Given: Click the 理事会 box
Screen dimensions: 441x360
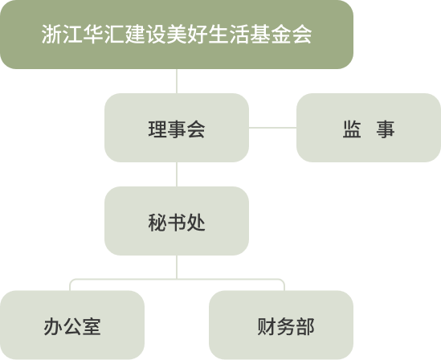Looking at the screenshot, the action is coord(177,128).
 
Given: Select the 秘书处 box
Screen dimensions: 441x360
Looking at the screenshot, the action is coord(177,221).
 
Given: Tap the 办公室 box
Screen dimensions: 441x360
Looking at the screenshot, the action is coord(72,325).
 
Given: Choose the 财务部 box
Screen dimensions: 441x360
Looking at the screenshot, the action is coord(281,325).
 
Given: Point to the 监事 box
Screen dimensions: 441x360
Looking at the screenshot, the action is coord(369,128).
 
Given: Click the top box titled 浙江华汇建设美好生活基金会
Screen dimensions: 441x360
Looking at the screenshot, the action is coord(177,35).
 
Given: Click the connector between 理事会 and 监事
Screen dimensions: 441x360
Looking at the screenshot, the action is coord(272,128).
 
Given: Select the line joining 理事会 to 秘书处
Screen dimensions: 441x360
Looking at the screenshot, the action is coord(177,174).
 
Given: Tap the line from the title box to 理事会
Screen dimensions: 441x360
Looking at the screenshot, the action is coord(177,81).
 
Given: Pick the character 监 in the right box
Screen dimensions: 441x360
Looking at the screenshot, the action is coord(352,129).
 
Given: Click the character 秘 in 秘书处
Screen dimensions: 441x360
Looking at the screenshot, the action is coord(157,223).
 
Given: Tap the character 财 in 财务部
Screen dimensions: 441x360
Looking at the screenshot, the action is coord(267,326).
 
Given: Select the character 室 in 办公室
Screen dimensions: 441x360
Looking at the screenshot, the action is coord(92,326).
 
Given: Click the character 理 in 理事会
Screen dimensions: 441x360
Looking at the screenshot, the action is coord(157,129).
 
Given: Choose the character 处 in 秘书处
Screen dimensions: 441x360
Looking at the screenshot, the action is coord(196,223).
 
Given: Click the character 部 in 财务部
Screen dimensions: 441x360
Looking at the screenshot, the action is coord(305,326).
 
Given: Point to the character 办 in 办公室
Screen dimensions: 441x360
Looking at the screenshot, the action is coord(53,326).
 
